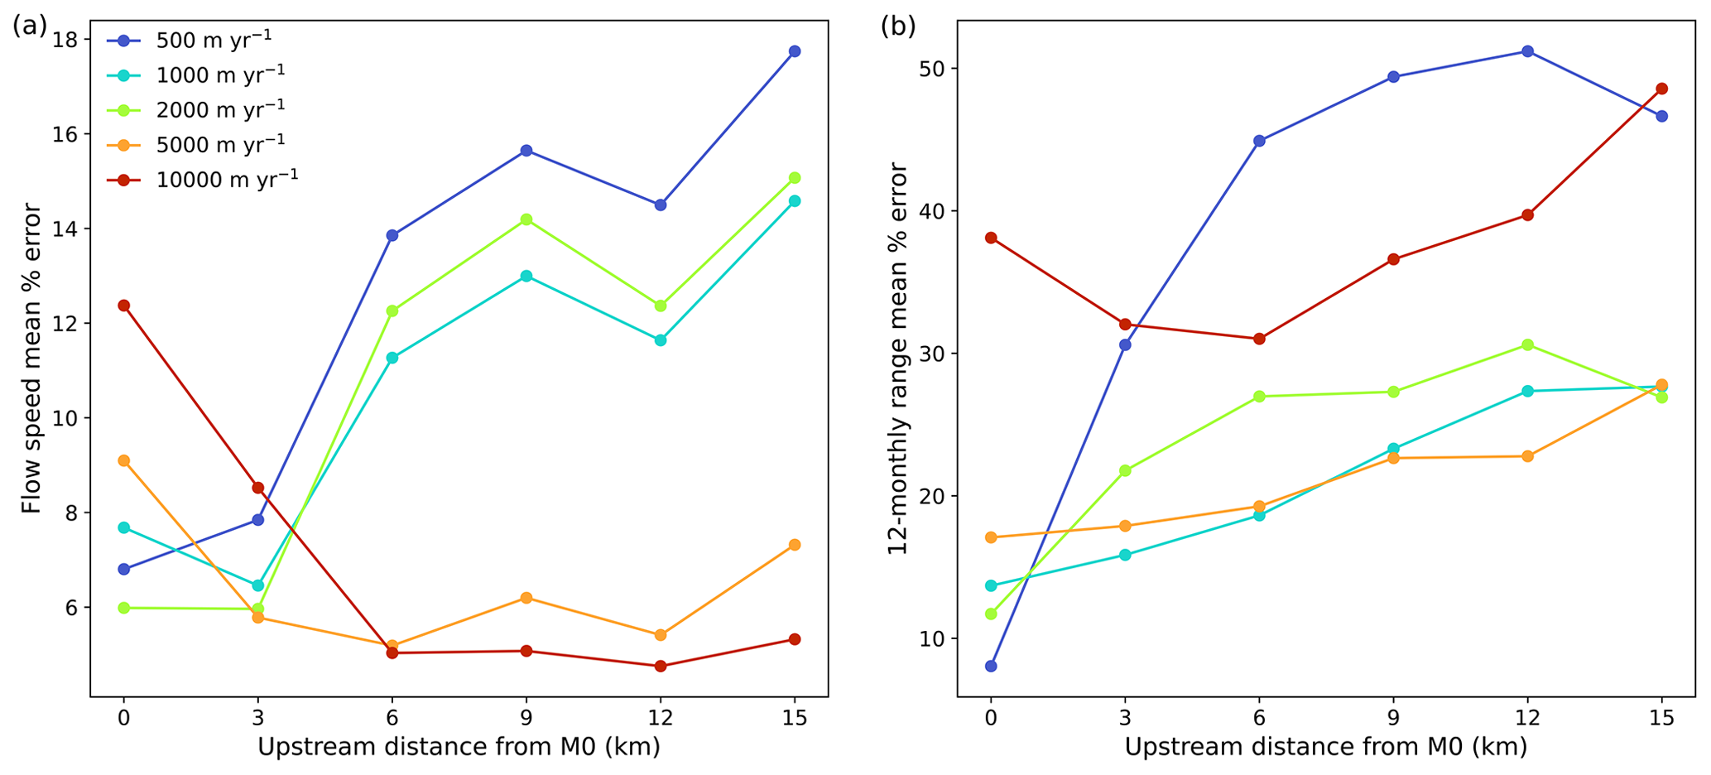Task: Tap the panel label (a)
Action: [x=30, y=26]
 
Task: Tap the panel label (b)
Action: [x=897, y=26]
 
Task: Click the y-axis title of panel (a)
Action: [x=31, y=358]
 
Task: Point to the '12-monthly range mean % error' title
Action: [x=898, y=358]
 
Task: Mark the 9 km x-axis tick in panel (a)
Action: [x=526, y=717]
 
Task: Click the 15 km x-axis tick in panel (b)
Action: [x=1661, y=717]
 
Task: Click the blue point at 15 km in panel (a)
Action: [x=795, y=51]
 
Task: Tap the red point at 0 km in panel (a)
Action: [x=124, y=306]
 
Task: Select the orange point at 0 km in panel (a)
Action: [x=124, y=460]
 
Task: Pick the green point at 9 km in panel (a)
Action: [x=526, y=219]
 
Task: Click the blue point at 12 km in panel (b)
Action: [x=1527, y=51]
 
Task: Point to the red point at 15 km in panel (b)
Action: [x=1661, y=89]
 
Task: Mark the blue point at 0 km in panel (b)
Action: [x=991, y=666]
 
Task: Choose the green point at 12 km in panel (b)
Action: [x=1527, y=344]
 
